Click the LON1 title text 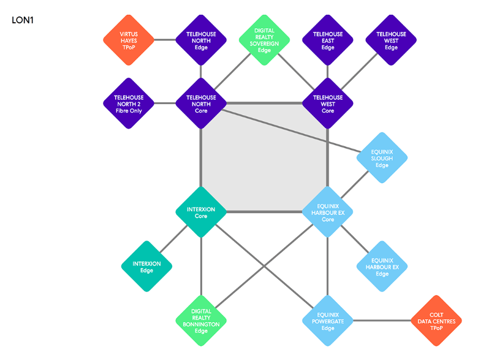[x=23, y=20]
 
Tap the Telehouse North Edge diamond [x=201, y=40]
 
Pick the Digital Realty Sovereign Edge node [x=264, y=40]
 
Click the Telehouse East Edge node [x=328, y=40]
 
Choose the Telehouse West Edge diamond [x=391, y=40]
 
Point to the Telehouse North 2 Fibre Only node [x=129, y=103]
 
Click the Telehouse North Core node [x=201, y=103]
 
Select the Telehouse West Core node [x=328, y=103]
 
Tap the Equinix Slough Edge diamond [x=382, y=158]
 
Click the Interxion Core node [x=201, y=212]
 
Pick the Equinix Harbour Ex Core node [x=328, y=212]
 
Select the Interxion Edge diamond [x=146, y=266]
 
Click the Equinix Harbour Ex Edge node [x=382, y=266]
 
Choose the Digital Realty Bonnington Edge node [x=201, y=321]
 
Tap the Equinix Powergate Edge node [x=328, y=321]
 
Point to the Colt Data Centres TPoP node [x=436, y=321]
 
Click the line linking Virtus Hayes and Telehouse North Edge [x=164, y=40]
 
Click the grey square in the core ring [x=264, y=158]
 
